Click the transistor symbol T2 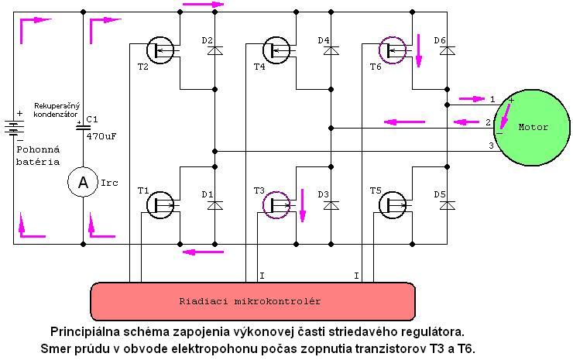coord(160,50)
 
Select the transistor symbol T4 coord(276,50)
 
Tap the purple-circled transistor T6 coord(393,50)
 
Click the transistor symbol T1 coord(160,205)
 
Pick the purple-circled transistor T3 coord(276,205)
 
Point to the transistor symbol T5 coord(393,205)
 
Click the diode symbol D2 coord(215,50)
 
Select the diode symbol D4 coord(331,50)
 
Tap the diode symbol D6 coord(448,50)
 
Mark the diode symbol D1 coord(215,205)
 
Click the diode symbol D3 coord(331,205)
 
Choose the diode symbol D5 coord(448,205)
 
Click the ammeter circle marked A coord(83,182)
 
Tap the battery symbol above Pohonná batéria coord(14,128)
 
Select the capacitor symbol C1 coord(83,127)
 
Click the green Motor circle coord(533,127)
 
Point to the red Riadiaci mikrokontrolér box coord(252,301)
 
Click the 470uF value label coord(101,136)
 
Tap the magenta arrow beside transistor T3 coord(302,205)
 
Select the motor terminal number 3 coord(491,146)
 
